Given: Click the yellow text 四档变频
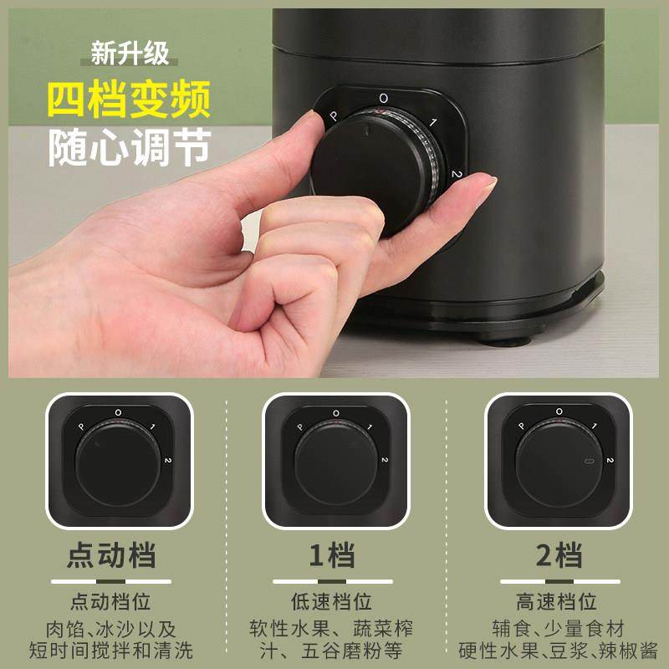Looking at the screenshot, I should [x=128, y=102].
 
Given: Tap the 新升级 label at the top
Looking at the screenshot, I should [x=130, y=54].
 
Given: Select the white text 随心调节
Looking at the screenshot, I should [x=128, y=148].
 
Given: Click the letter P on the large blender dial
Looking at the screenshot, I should [x=334, y=116].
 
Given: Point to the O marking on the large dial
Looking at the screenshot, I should [x=383, y=99].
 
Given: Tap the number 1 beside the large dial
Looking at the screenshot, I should [x=433, y=123].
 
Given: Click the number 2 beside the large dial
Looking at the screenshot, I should [x=457, y=174].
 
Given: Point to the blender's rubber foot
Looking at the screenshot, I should [x=503, y=338].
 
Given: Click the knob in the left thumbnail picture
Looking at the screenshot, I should [x=117, y=464].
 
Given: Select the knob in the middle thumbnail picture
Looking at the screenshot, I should [x=335, y=464].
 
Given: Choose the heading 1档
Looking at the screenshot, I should [x=333, y=555].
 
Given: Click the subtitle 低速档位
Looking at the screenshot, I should [x=333, y=601].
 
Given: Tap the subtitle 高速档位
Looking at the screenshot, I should [x=556, y=601].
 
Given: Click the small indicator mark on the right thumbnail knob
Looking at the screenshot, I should [x=587, y=462].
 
